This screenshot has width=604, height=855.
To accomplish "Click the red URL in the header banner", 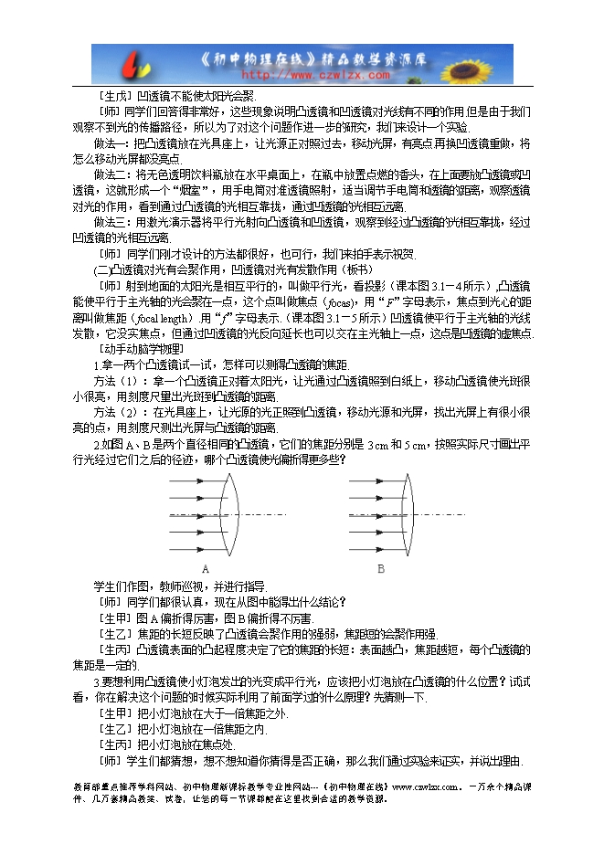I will click(x=294, y=77).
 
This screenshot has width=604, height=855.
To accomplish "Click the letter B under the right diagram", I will click(x=381, y=567).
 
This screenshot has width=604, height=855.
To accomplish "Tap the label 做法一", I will click(x=112, y=144).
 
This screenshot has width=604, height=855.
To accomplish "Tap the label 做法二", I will click(x=112, y=174).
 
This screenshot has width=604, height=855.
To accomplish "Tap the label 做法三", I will click(x=112, y=222).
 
